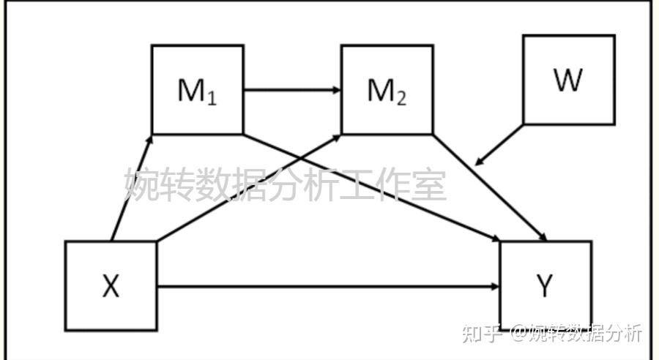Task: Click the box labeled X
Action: coord(111,286)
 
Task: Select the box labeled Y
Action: coord(546,286)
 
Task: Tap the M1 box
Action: coord(197,90)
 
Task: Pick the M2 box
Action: coord(387,90)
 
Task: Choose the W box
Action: coord(568,80)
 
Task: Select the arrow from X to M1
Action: coord(131,188)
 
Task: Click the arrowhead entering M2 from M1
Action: coord(337,90)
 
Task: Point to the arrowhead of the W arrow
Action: coord(478,162)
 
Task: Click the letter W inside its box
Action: coord(568,80)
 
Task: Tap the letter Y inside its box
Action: coord(546,286)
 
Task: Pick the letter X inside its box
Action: coord(111,286)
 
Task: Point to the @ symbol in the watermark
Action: coord(519,333)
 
